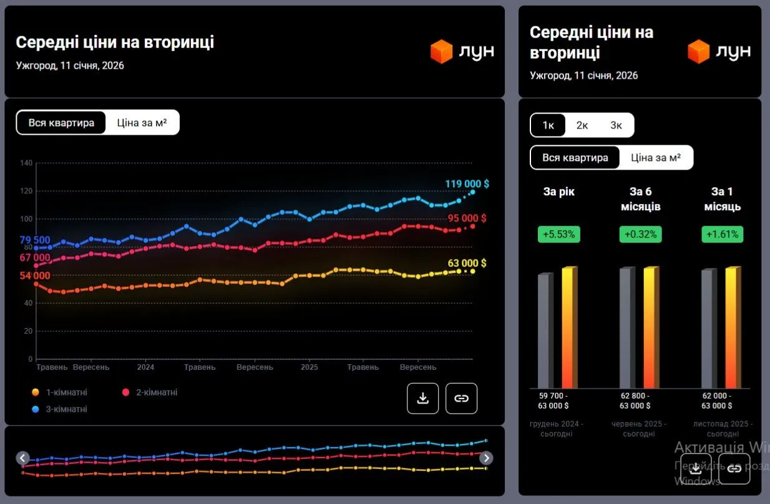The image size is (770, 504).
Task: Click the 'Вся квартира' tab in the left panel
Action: (x=61, y=123)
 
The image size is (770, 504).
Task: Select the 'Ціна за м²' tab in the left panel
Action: (x=142, y=123)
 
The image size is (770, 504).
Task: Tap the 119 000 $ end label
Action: (x=467, y=184)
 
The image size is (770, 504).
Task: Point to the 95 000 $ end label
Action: (x=467, y=218)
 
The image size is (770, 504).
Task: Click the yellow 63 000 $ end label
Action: (x=467, y=263)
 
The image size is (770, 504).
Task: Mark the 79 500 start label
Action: (x=35, y=241)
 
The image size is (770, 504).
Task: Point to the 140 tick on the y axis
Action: (x=26, y=163)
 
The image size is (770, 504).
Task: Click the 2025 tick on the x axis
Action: (x=309, y=367)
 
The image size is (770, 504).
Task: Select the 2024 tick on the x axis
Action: (x=145, y=367)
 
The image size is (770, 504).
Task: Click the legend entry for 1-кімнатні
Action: (x=66, y=392)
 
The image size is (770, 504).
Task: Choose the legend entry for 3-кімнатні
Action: (x=66, y=409)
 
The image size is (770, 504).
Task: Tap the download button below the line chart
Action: (x=423, y=399)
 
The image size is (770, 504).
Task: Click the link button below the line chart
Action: (x=461, y=399)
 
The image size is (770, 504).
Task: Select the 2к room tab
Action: (x=582, y=125)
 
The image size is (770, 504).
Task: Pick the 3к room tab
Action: (x=616, y=125)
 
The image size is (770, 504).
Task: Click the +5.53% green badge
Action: (x=558, y=235)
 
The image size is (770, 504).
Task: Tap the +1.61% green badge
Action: (x=722, y=235)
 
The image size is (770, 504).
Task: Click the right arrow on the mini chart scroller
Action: (x=486, y=458)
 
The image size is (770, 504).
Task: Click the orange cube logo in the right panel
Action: (x=699, y=52)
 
